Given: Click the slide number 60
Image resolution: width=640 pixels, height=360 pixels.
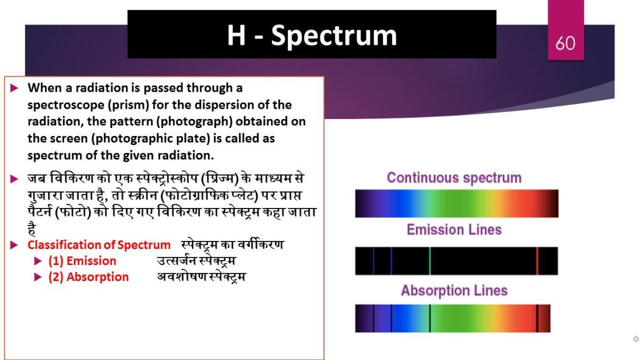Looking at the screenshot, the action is [565, 43].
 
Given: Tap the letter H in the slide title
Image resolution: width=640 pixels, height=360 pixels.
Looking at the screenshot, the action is [236, 35].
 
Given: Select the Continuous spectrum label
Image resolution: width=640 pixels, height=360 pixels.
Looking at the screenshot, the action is [454, 178].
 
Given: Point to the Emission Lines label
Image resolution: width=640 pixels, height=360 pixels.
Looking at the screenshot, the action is [454, 230].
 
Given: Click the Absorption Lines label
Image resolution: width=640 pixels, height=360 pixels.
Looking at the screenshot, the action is [454, 291].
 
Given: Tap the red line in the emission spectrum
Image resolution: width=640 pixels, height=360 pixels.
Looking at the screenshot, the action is [537, 261].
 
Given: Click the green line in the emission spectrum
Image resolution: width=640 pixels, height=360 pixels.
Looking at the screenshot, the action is [430, 261].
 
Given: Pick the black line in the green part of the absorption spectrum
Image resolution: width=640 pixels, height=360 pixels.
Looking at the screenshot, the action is [430, 318].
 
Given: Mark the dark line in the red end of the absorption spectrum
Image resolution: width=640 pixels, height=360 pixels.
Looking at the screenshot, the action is [537, 318].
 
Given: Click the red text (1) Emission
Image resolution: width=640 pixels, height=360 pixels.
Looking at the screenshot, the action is [82, 261].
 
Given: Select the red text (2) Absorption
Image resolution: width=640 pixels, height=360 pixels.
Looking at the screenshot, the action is [89, 277].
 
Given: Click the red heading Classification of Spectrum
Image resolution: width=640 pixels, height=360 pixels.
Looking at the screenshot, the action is [99, 245].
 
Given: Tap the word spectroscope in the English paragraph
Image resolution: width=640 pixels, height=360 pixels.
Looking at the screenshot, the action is [66, 105].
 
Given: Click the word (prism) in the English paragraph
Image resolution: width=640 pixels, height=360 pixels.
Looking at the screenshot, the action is [129, 105].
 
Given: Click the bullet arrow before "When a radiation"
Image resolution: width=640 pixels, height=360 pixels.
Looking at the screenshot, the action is [14, 88].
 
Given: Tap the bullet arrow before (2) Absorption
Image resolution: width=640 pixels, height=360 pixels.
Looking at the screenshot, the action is [38, 277].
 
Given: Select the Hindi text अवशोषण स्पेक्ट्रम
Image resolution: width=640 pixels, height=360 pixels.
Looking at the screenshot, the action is [202, 277].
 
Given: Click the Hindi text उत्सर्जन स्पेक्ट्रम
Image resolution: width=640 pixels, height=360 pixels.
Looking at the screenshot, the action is [197, 261].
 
